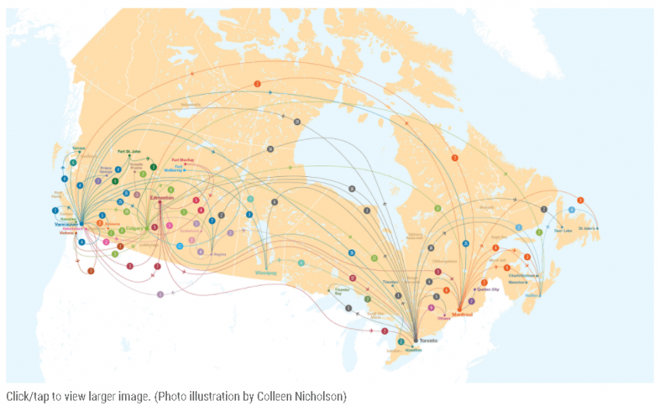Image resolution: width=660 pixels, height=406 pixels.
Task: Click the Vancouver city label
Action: coord(67,224)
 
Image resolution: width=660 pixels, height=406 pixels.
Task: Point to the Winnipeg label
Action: coord(266,273)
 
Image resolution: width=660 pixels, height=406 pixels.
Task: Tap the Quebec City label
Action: coord(488,289)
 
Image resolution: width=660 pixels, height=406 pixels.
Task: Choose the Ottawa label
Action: coord(444,318)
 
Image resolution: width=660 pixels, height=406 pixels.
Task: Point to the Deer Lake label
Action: coord(562,230)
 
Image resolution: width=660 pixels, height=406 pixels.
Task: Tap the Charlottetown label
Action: coord(522,276)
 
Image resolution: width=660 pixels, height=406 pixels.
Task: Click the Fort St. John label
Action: coord(130,152)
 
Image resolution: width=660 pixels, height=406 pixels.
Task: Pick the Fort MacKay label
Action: coord(182,159)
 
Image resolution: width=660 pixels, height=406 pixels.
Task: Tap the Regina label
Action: coord(218,253)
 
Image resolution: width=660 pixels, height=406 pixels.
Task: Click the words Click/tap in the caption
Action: coord(26,397)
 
